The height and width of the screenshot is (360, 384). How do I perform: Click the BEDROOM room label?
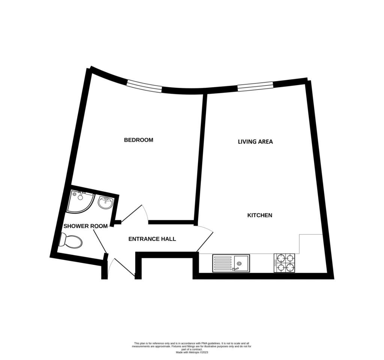pos(139,140)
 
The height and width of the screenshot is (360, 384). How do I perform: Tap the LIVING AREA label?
pos(255,142)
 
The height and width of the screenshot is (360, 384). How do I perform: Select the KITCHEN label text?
pos(260,215)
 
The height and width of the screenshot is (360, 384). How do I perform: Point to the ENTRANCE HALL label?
pos(152,239)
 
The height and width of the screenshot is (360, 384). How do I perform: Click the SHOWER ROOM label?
pos(85,226)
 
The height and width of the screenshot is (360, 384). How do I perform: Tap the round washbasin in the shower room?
pos(105,203)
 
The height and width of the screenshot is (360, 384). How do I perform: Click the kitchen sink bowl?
pos(241,263)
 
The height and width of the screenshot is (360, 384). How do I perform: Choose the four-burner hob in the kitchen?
pos(284,263)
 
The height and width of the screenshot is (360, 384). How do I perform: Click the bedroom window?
pos(144,87)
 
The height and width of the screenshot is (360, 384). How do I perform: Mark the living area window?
pos(255,86)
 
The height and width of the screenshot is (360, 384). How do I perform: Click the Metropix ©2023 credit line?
pos(192,353)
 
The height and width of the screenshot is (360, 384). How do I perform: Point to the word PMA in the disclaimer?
pos(204,344)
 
